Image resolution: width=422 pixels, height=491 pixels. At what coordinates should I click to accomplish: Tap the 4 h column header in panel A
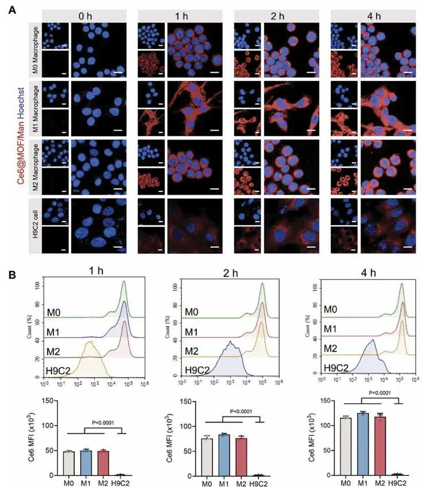(377, 16)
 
